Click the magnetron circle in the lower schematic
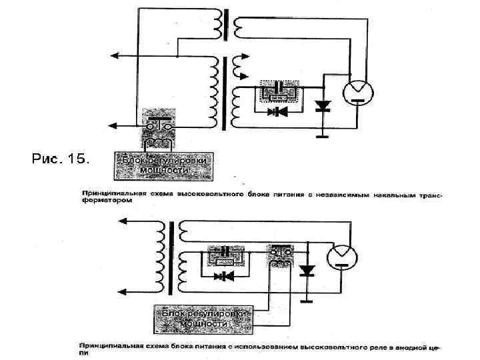tap(343, 255)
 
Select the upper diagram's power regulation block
tap(165, 165)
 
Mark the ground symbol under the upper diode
tap(323, 136)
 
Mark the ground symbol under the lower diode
tap(307, 301)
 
